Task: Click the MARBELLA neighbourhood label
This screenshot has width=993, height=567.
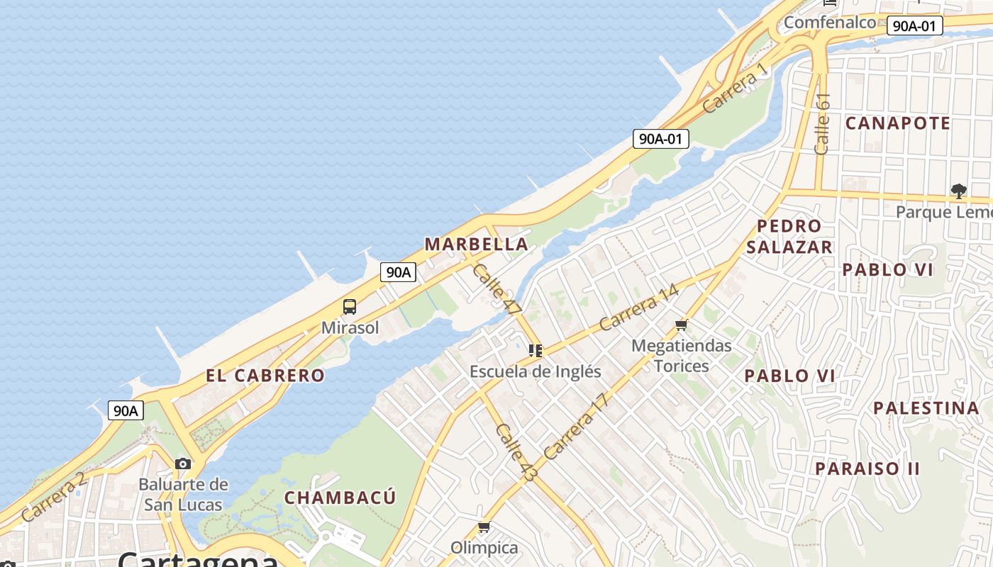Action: (x=476, y=245)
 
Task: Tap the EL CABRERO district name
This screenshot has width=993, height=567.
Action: (x=265, y=376)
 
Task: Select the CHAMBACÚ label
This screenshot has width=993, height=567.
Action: (x=340, y=498)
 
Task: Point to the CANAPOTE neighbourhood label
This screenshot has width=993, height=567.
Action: (x=897, y=123)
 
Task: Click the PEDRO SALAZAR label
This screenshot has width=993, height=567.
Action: (x=789, y=237)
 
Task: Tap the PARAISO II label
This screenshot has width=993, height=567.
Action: (x=867, y=469)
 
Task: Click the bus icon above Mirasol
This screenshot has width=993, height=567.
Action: (x=350, y=307)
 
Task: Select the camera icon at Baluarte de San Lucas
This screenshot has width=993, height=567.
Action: (x=183, y=464)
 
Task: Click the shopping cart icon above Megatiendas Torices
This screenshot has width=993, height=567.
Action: (x=682, y=325)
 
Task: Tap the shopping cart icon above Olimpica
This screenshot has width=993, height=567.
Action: (x=484, y=527)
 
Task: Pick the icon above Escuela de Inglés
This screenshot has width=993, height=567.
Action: (x=536, y=350)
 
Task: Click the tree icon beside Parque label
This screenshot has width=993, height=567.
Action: (x=959, y=191)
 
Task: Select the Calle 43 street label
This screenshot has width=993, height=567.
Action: (x=516, y=452)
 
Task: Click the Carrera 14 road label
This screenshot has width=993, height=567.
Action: (x=638, y=308)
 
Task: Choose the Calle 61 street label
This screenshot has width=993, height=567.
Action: (x=822, y=124)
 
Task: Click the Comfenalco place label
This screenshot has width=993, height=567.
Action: (x=829, y=23)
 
